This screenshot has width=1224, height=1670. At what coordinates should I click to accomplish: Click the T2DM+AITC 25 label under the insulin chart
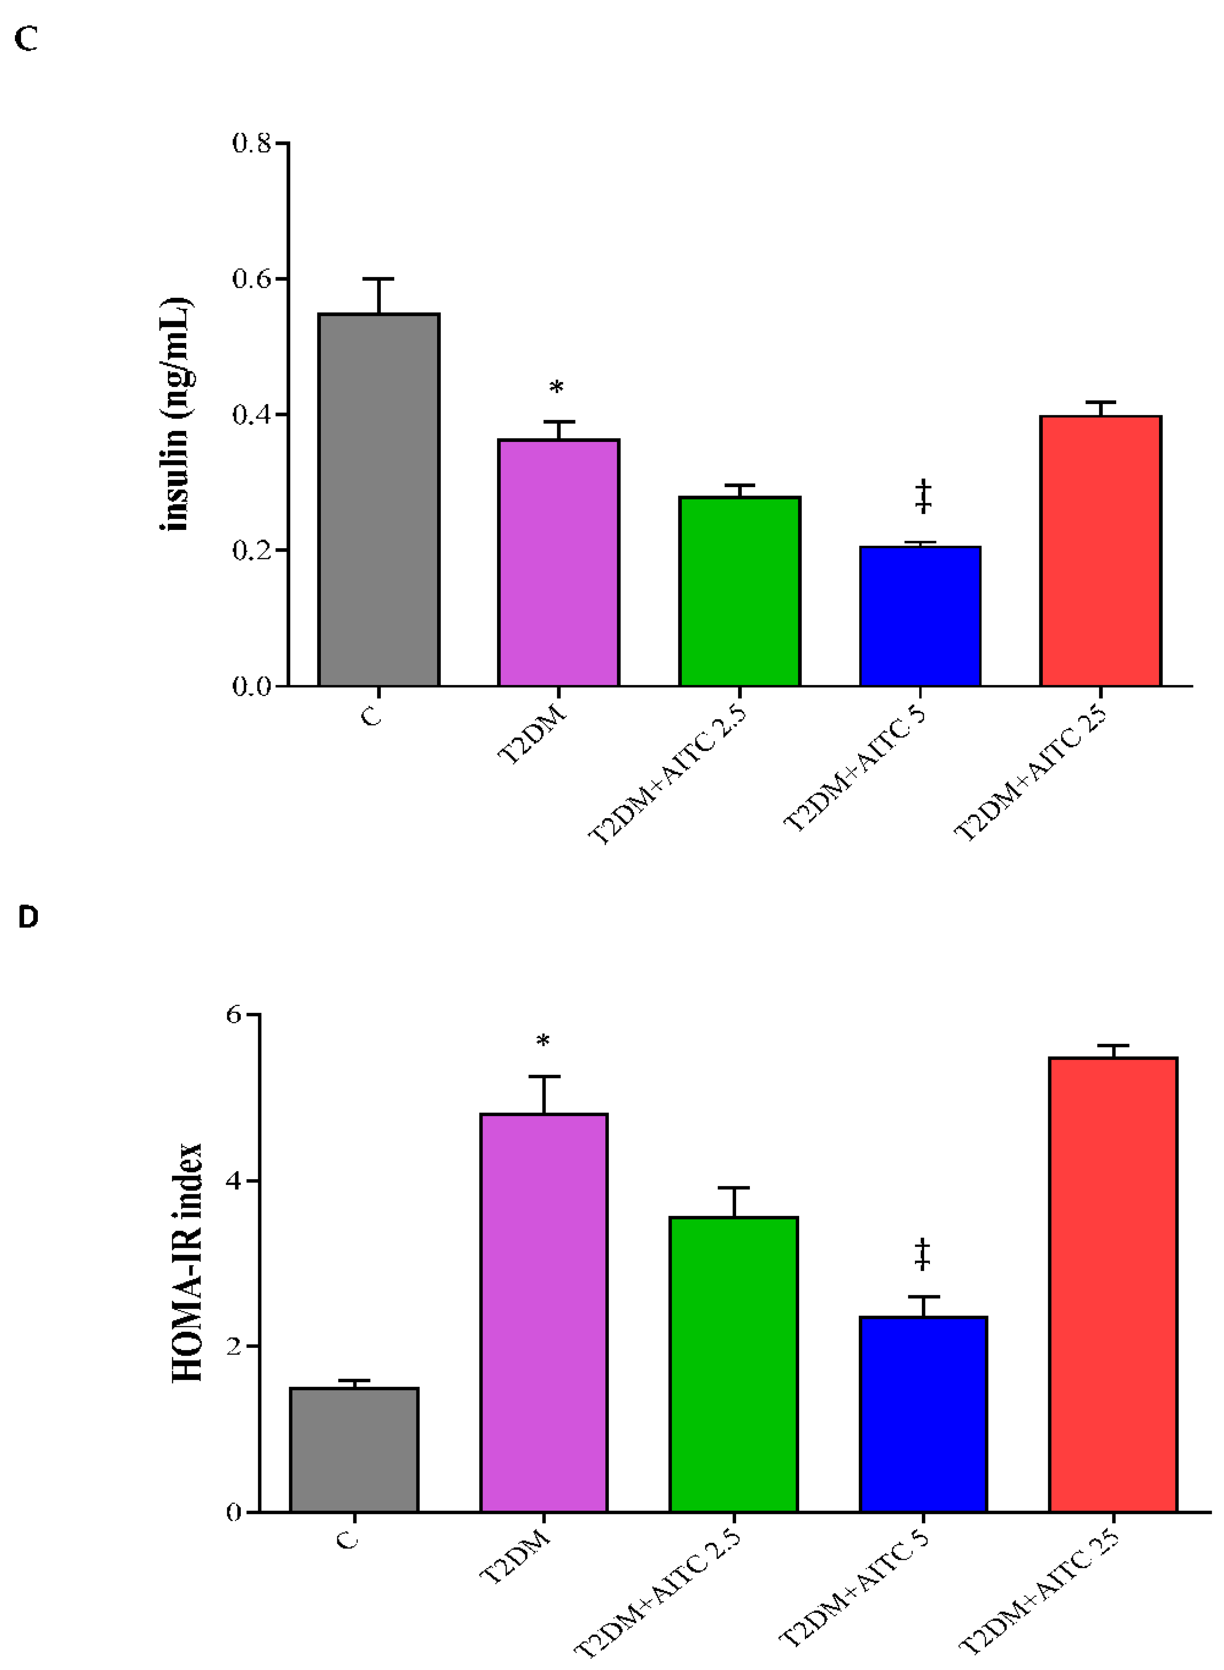1030,774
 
